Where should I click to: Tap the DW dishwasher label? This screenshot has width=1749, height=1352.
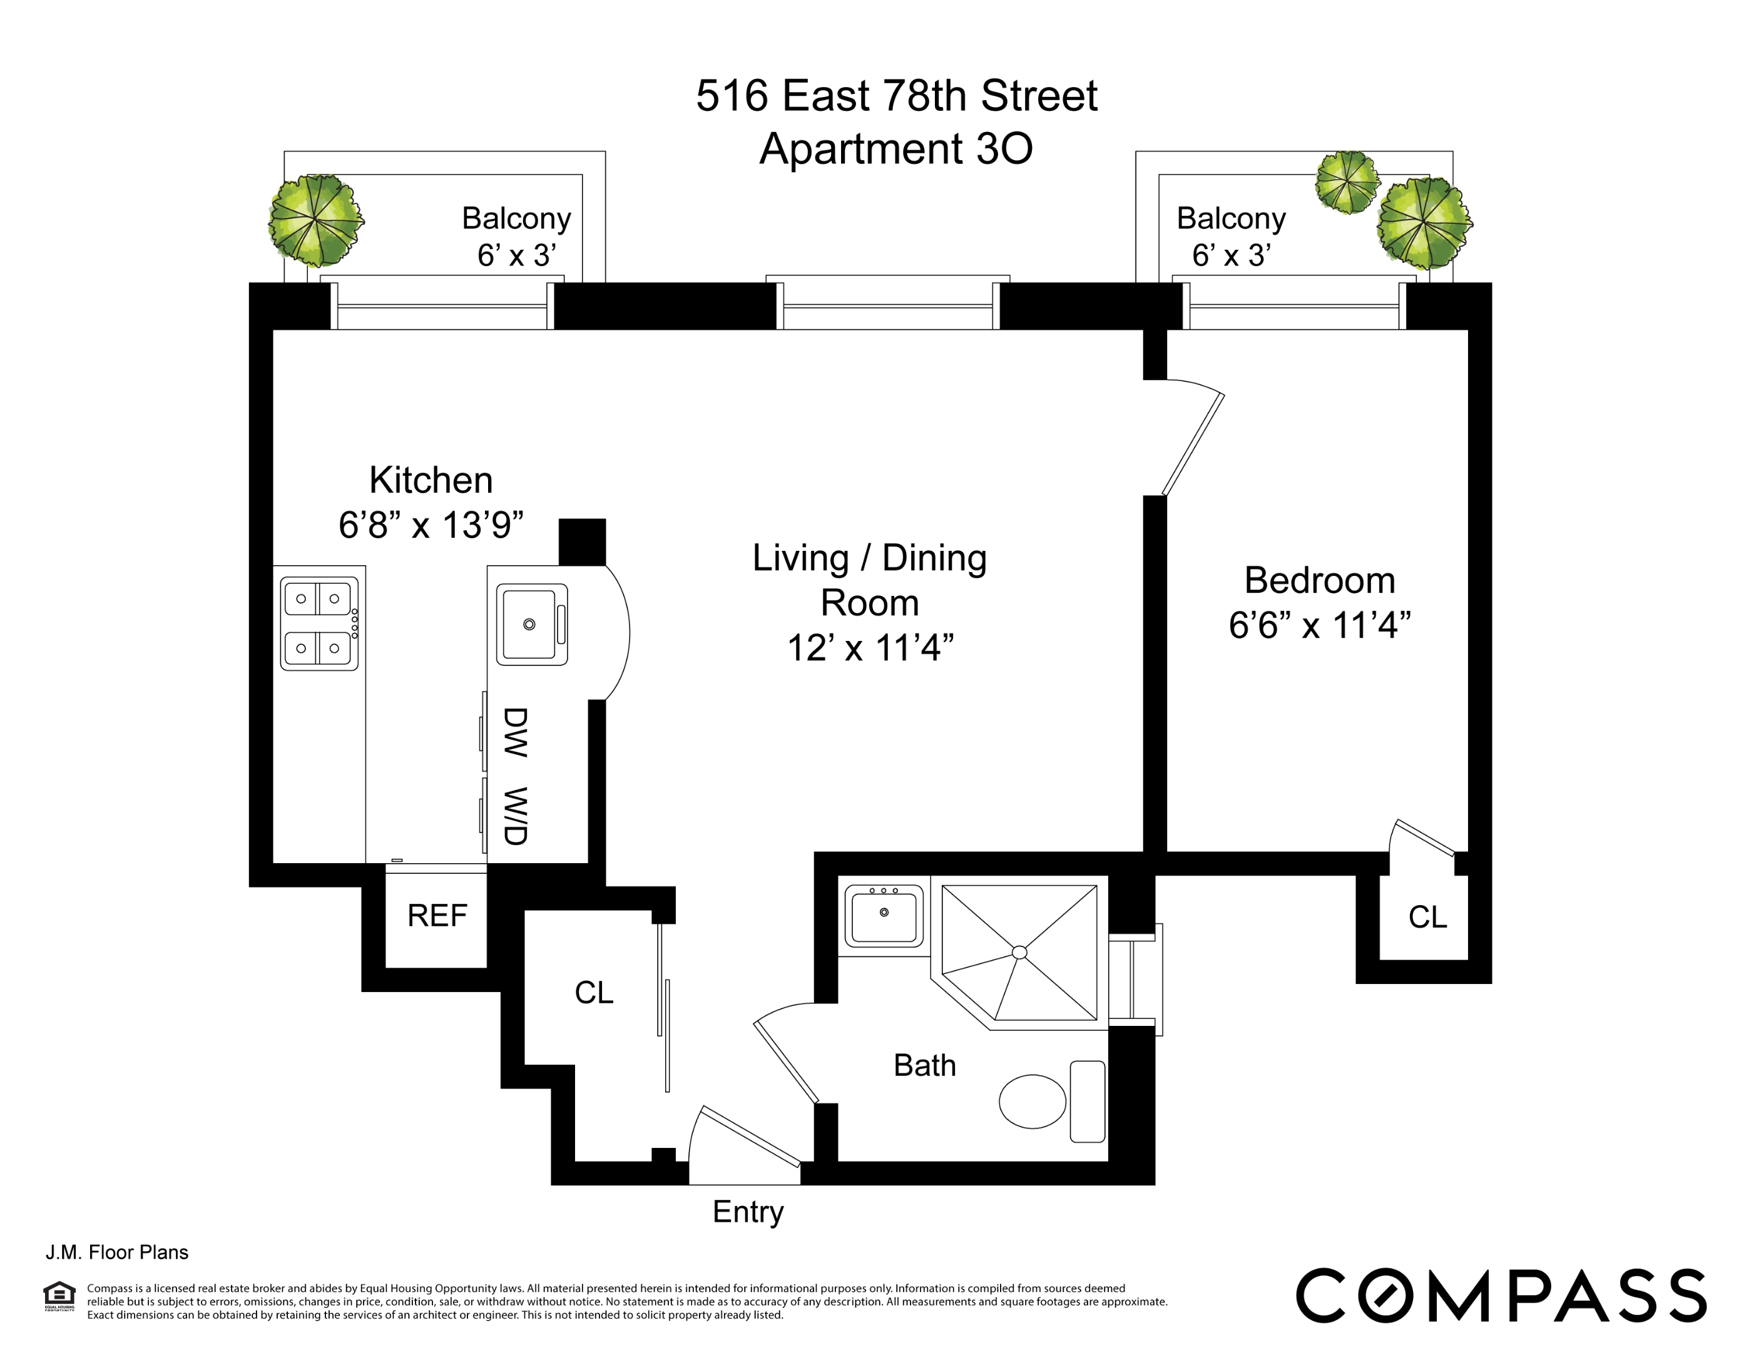tap(515, 732)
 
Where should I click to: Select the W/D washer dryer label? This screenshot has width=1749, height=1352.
tap(515, 816)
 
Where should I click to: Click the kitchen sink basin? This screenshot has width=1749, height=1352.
tap(529, 624)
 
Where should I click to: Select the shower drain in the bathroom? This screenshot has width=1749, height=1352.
tap(1019, 952)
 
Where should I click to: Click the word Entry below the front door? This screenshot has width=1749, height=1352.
tap(747, 1212)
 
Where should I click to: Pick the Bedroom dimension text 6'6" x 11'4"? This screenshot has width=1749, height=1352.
tap(1319, 625)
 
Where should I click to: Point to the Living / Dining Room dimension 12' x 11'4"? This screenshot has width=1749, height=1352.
tap(870, 648)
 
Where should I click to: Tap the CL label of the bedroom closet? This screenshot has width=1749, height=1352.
tap(1427, 917)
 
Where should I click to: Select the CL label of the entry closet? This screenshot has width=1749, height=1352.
tap(593, 992)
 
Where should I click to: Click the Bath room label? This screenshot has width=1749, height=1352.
tap(924, 1065)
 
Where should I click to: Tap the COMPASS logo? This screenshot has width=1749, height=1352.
tap(1500, 1295)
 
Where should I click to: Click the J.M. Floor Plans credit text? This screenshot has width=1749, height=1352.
tap(117, 1252)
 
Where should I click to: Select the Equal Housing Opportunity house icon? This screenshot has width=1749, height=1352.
tap(59, 1294)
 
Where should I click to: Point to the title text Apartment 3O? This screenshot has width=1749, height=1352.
tap(895, 149)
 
